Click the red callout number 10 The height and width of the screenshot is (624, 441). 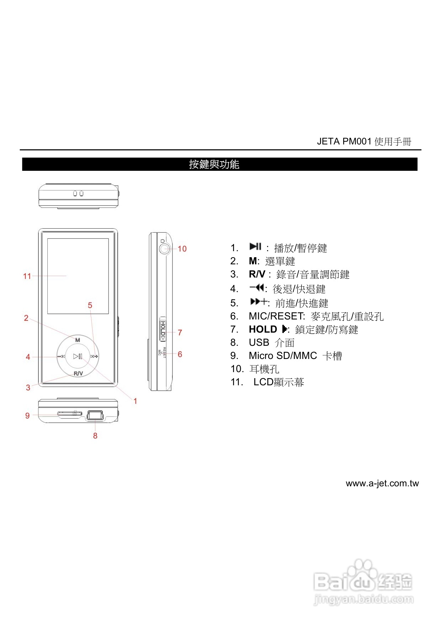(x=182, y=249)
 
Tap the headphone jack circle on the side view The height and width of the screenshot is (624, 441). (x=164, y=248)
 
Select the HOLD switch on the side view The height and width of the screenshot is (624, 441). (x=163, y=329)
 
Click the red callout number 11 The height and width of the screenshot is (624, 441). (x=27, y=276)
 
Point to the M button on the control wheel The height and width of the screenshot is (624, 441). (x=78, y=340)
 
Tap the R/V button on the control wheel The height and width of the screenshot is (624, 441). (x=78, y=373)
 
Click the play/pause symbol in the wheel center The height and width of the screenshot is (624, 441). (x=78, y=356)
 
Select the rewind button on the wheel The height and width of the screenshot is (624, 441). (x=61, y=356)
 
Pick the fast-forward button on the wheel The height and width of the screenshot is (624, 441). (x=94, y=356)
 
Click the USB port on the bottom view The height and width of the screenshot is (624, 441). (x=95, y=415)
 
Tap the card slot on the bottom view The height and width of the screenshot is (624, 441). (x=69, y=414)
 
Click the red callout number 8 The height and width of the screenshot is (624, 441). (x=95, y=435)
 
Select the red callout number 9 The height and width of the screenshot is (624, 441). (x=27, y=416)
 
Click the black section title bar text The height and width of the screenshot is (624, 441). (x=214, y=164)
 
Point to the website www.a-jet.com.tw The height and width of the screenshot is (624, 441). (x=382, y=483)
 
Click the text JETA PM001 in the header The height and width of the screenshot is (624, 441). (x=344, y=142)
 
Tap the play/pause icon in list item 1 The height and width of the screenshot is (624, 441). (x=255, y=247)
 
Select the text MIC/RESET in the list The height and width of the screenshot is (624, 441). (x=277, y=316)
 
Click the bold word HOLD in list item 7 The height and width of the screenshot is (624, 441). (x=263, y=329)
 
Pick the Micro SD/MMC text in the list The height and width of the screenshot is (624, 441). (x=283, y=356)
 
